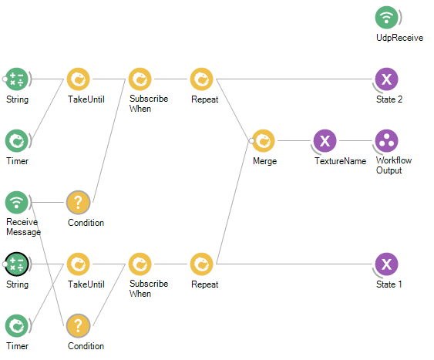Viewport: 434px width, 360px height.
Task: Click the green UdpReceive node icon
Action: [x=386, y=18]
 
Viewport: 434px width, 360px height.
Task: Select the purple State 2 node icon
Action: [x=386, y=79]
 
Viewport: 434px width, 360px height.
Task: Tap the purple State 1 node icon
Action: [x=386, y=264]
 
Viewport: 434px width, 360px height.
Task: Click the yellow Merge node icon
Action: [x=264, y=141]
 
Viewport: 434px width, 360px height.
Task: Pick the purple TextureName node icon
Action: [x=325, y=141]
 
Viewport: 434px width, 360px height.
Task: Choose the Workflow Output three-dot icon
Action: [x=386, y=141]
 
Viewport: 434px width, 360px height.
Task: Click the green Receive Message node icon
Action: [x=17, y=203]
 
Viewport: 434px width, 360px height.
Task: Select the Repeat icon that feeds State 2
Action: [x=201, y=79]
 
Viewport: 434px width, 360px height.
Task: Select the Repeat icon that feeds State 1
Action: [x=201, y=264]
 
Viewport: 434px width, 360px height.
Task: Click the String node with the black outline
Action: [x=17, y=264]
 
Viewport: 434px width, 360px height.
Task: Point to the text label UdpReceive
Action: [x=399, y=38]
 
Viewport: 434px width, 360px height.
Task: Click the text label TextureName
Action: [x=340, y=161]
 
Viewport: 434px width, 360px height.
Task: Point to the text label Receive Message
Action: [x=23, y=227]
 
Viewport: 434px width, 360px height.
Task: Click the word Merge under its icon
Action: [x=265, y=161]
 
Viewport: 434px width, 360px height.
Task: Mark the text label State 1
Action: [x=389, y=284]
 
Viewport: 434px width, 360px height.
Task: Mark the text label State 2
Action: [x=389, y=99]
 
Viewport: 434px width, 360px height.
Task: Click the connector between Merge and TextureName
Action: [x=294, y=141]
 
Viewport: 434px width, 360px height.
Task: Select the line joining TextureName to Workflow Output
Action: [x=355, y=141]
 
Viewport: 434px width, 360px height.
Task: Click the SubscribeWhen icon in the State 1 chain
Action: [x=140, y=264]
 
